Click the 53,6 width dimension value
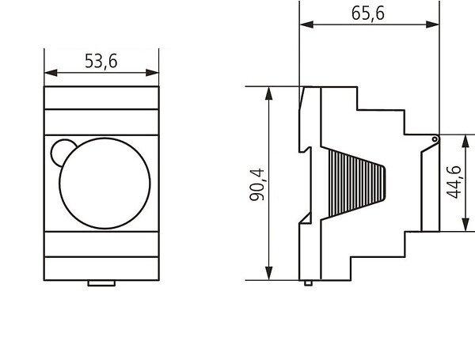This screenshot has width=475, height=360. tap(101, 62)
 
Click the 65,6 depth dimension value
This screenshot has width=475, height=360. tap(368, 13)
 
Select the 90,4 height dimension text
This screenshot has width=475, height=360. tap(257, 184)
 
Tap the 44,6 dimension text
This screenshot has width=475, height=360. tap(454, 182)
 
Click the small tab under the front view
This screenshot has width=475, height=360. tap(101, 283)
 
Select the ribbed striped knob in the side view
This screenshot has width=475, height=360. tap(353, 183)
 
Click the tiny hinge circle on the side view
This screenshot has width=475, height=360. tap(435, 139)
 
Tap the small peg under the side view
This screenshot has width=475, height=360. tap(309, 283)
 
